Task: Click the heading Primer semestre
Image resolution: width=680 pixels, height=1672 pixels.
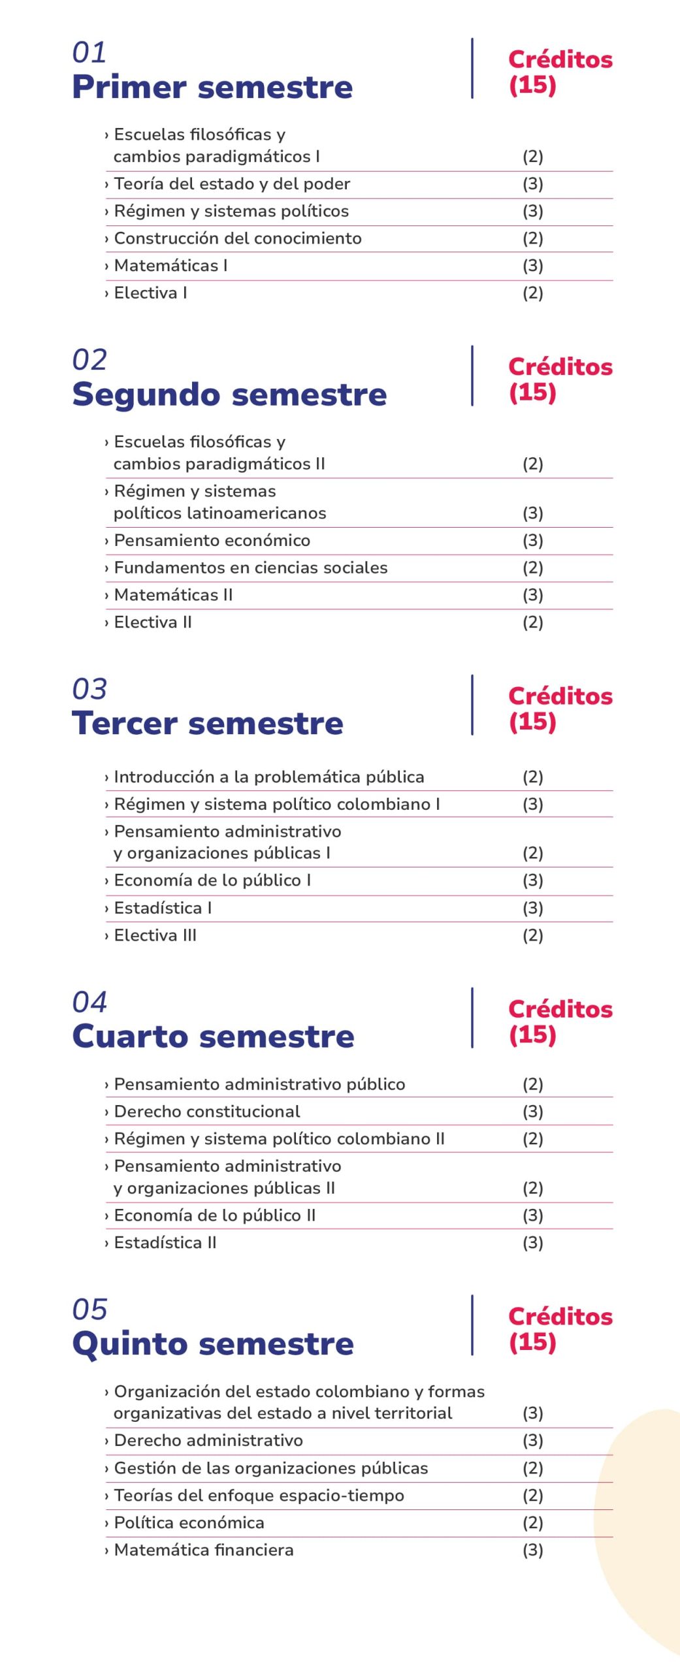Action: tap(212, 87)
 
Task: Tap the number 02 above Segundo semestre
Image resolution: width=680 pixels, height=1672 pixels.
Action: tap(89, 360)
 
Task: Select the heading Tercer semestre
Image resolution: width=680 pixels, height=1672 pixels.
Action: tap(208, 723)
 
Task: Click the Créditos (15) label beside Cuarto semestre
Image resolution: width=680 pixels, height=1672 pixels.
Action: tap(560, 1021)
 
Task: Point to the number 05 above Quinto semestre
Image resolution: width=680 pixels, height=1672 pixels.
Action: tap(89, 1310)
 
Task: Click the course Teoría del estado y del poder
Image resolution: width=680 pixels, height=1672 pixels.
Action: tap(232, 184)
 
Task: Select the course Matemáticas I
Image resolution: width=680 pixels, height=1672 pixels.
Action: tap(170, 266)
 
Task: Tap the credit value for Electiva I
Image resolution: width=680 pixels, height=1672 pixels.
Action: tap(532, 293)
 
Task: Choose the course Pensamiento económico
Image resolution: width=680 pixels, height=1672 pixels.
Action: tap(212, 541)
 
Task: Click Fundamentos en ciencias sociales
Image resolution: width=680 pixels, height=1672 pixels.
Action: tap(250, 568)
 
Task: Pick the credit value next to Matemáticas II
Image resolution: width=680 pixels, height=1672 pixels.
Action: tap(532, 596)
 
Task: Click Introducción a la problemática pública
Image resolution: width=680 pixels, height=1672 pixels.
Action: tap(268, 777)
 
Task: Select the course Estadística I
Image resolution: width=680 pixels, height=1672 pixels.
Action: tap(163, 908)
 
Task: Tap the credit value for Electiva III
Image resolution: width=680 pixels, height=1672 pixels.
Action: tap(532, 936)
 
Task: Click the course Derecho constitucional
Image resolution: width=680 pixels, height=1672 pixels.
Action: tap(206, 1112)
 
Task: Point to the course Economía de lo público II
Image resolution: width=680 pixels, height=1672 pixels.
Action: tap(214, 1215)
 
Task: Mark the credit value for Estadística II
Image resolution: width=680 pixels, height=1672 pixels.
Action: tap(532, 1243)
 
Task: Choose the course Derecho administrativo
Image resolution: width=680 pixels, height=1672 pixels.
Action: tap(208, 1441)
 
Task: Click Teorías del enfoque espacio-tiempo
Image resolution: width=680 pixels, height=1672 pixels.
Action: tap(259, 1496)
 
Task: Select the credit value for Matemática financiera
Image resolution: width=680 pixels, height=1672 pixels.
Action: tap(532, 1551)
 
